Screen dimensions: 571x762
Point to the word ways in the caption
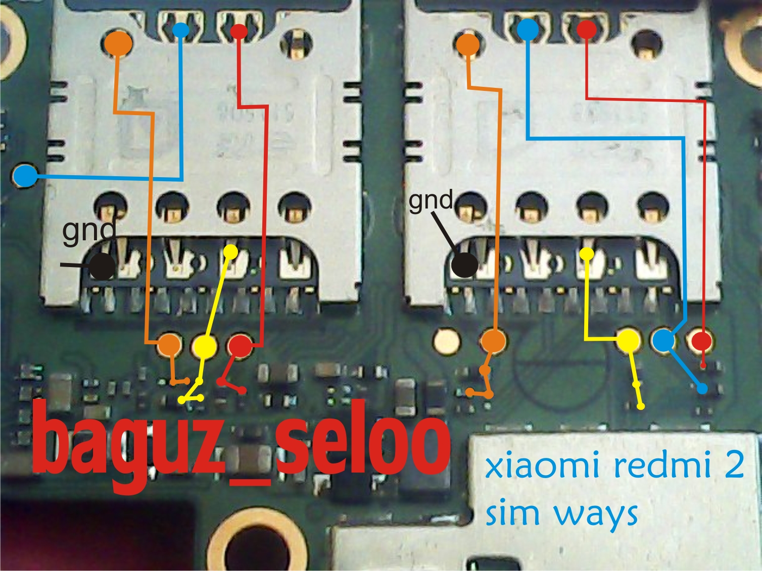(x=596, y=513)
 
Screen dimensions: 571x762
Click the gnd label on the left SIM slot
(x=89, y=231)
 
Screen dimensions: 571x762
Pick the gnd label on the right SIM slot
(x=431, y=200)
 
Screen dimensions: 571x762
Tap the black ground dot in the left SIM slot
(x=103, y=266)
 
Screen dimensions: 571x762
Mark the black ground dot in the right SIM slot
(x=464, y=265)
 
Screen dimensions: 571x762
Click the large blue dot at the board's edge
(x=25, y=176)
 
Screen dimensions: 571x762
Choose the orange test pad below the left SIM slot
(x=169, y=345)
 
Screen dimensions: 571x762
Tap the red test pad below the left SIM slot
(x=240, y=346)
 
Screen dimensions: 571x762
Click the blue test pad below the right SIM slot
(x=663, y=341)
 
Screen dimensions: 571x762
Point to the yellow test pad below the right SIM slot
(x=629, y=340)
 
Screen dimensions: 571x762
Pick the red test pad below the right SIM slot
(x=701, y=340)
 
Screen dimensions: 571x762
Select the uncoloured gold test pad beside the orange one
(x=447, y=340)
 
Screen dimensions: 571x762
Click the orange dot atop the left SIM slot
(x=119, y=43)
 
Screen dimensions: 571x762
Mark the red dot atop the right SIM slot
(x=587, y=29)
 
